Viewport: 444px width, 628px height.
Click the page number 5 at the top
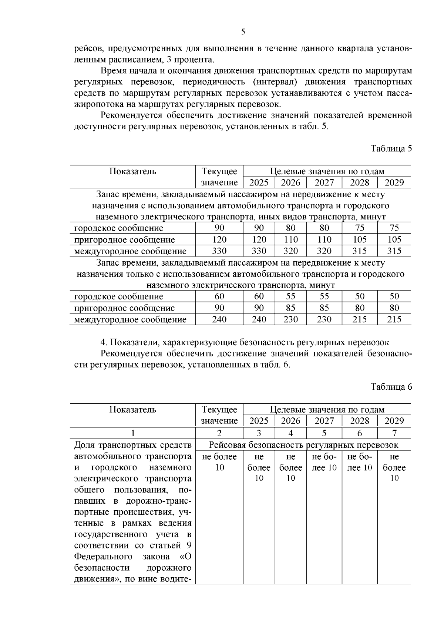[243, 32]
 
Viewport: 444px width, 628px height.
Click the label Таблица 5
[391, 149]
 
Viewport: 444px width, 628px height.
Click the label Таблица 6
[391, 387]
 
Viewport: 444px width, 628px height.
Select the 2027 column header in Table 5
[324, 182]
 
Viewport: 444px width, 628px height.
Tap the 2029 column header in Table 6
[394, 421]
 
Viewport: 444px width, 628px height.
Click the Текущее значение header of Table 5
[219, 177]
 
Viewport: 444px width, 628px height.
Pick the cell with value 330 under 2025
[259, 251]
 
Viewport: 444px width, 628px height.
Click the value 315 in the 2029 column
[394, 251]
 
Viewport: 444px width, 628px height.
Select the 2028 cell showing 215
[360, 319]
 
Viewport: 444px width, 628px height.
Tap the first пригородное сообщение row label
[124, 239]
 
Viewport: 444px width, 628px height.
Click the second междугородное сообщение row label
[130, 319]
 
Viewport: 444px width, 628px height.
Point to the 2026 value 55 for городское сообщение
[291, 296]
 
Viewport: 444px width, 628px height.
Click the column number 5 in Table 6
[324, 433]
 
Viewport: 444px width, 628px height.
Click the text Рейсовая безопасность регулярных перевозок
[303, 445]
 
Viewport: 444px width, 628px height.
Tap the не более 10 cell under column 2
[219, 462]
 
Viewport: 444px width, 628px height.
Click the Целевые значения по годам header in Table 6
[327, 410]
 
